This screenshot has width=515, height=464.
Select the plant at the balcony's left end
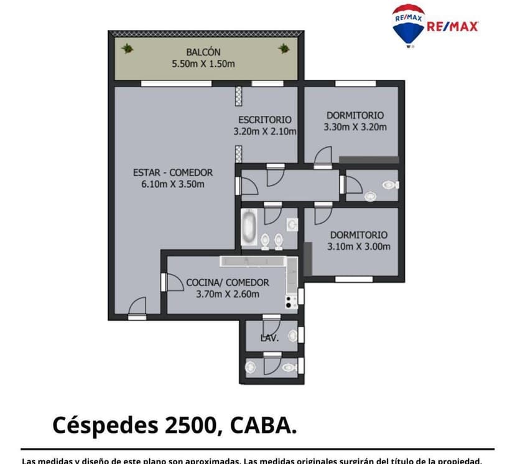tap(128, 48)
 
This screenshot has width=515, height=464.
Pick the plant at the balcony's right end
tap(284, 48)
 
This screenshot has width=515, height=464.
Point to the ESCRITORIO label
tap(264, 120)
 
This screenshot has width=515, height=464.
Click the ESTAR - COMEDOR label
tap(173, 173)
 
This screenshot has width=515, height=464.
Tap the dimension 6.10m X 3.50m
tap(173, 184)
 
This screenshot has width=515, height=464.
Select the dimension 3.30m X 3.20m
tap(355, 127)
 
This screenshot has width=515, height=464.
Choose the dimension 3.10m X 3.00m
tap(359, 246)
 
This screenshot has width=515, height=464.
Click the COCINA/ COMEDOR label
tap(227, 282)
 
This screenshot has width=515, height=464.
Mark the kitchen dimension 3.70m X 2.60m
tap(227, 294)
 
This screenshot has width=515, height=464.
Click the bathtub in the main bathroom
tap(249, 227)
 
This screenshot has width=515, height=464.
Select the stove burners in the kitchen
tap(290, 302)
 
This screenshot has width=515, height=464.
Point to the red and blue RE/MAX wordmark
tap(452, 26)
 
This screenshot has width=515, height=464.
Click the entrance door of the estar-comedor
tap(137, 308)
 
